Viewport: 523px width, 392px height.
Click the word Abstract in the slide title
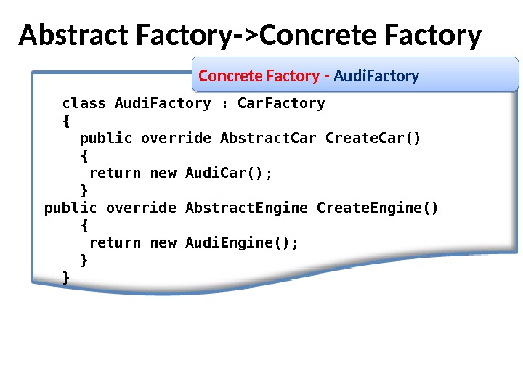pyautogui.click(x=64, y=35)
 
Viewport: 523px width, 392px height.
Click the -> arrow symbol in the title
pyautogui.click(x=246, y=35)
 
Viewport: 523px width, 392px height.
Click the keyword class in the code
pyautogui.click(x=84, y=103)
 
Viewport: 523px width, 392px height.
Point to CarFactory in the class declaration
pyautogui.click(x=281, y=103)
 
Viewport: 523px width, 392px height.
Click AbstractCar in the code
pyautogui.click(x=268, y=138)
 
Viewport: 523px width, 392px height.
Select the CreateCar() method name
pyautogui.click(x=373, y=138)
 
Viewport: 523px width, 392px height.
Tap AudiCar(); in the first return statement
pyautogui.click(x=229, y=173)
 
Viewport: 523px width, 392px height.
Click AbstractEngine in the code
pyautogui.click(x=247, y=208)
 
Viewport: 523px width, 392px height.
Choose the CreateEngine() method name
pyautogui.click(x=378, y=208)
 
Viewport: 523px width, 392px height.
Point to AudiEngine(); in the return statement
pyautogui.click(x=242, y=242)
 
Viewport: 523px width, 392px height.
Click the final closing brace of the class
pyautogui.click(x=66, y=277)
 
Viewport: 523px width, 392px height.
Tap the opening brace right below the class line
pyautogui.click(x=66, y=121)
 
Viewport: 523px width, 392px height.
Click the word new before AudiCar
pyautogui.click(x=163, y=173)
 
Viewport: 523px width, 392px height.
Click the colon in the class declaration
pyautogui.click(x=224, y=103)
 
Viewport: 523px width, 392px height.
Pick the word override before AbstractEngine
pyautogui.click(x=141, y=208)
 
